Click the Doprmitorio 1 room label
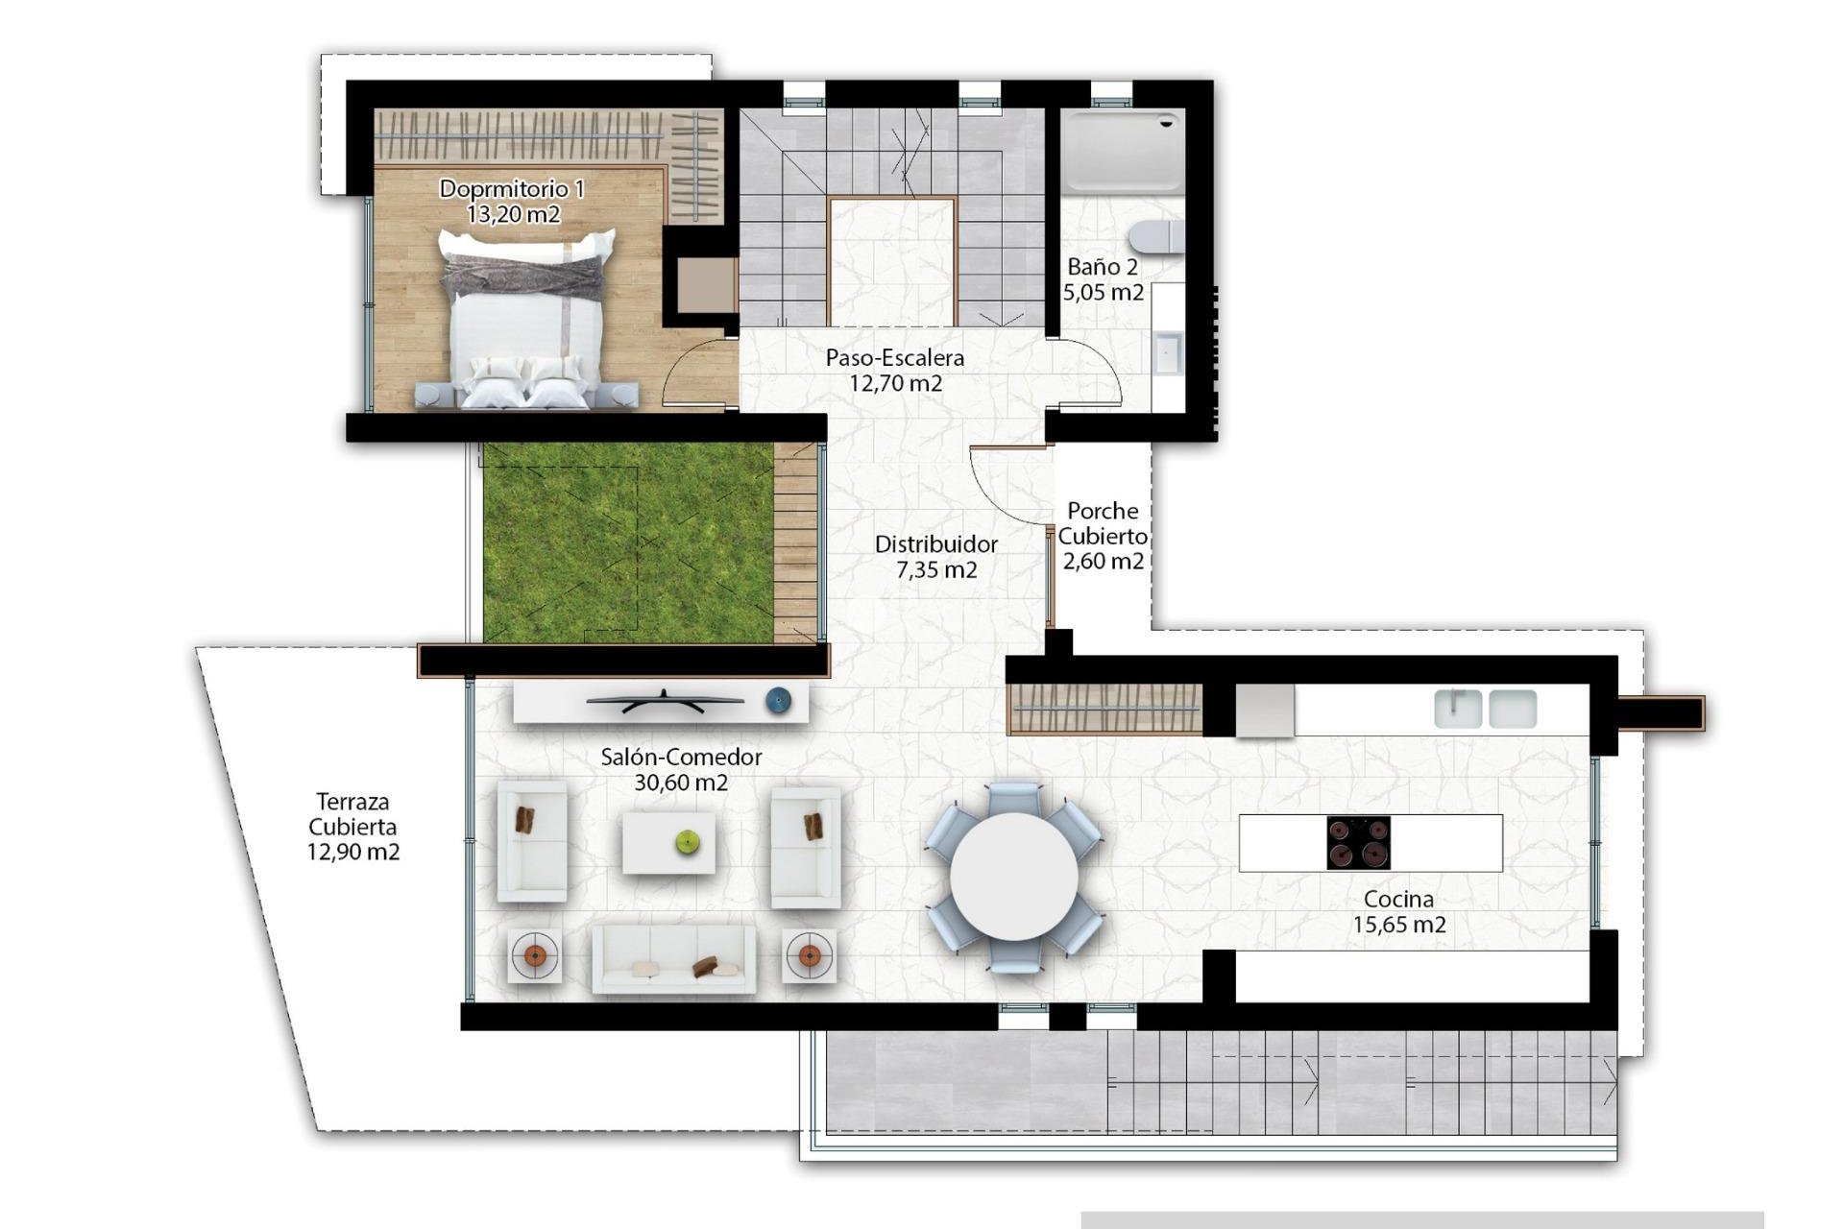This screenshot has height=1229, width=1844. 511,189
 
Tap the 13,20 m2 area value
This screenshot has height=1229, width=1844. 513,214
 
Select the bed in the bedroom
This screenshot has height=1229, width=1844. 527,321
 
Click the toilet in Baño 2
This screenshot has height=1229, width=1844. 1157,236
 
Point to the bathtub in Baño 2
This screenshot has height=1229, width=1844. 1123,150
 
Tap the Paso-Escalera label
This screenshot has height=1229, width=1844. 894,358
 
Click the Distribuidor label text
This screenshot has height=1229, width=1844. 935,544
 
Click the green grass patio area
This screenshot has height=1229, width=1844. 627,542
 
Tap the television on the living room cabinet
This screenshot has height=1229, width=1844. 665,702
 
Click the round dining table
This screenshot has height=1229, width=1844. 1014,877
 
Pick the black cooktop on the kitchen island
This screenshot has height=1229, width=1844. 1358,843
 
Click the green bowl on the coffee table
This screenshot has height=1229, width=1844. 688,843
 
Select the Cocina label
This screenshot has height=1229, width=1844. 1398,900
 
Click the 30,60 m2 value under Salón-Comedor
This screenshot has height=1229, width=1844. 681,783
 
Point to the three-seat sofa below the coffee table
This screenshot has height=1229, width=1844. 673,959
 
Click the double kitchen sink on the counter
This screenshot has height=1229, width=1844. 1485,709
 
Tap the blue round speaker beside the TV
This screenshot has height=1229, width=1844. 779,702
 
